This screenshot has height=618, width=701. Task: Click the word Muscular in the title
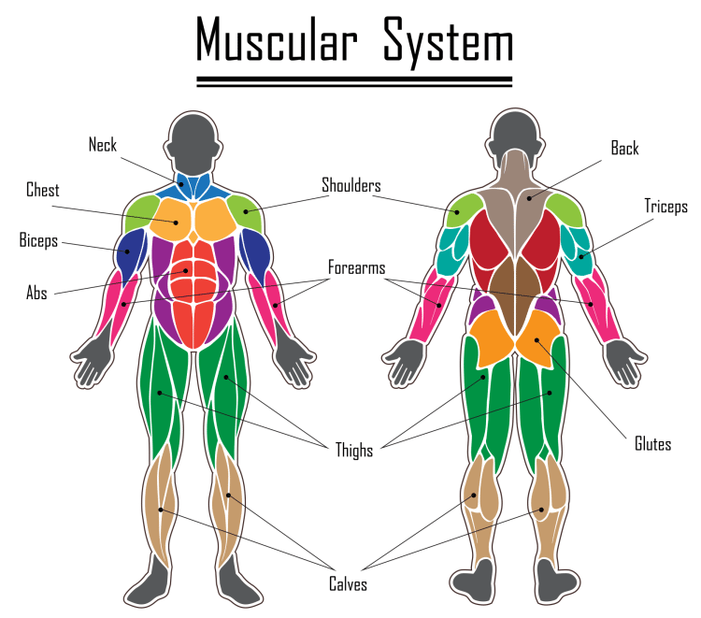pyautogui.click(x=277, y=39)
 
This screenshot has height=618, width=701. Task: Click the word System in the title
pyautogui.click(x=449, y=43)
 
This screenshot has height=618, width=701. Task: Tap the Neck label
pyautogui.click(x=103, y=145)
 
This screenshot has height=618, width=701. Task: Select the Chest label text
pyautogui.click(x=42, y=190)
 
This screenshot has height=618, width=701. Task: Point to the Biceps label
pyautogui.click(x=38, y=240)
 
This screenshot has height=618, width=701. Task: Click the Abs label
pyautogui.click(x=36, y=293)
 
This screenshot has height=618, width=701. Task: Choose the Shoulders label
pyautogui.click(x=351, y=185)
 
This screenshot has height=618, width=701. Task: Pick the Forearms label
pyautogui.click(x=357, y=267)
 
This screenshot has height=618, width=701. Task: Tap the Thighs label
pyautogui.click(x=354, y=451)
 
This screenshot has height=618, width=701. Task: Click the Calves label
pyautogui.click(x=348, y=584)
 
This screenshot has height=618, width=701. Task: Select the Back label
pyautogui.click(x=624, y=148)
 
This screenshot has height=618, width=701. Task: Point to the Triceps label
pyautogui.click(x=665, y=206)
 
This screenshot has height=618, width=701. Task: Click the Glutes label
pyautogui.click(x=652, y=443)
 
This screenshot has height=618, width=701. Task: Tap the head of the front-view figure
pyautogui.click(x=193, y=143)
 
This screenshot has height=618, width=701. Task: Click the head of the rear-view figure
pyautogui.click(x=515, y=134)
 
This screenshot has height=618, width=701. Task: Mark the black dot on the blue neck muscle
pyautogui.click(x=181, y=184)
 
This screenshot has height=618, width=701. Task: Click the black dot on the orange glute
pyautogui.click(x=536, y=340)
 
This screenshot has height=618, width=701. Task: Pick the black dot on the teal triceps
pyautogui.click(x=581, y=257)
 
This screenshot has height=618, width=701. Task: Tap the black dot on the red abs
pyautogui.click(x=186, y=271)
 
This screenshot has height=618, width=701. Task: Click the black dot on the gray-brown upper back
pyautogui.click(x=529, y=198)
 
